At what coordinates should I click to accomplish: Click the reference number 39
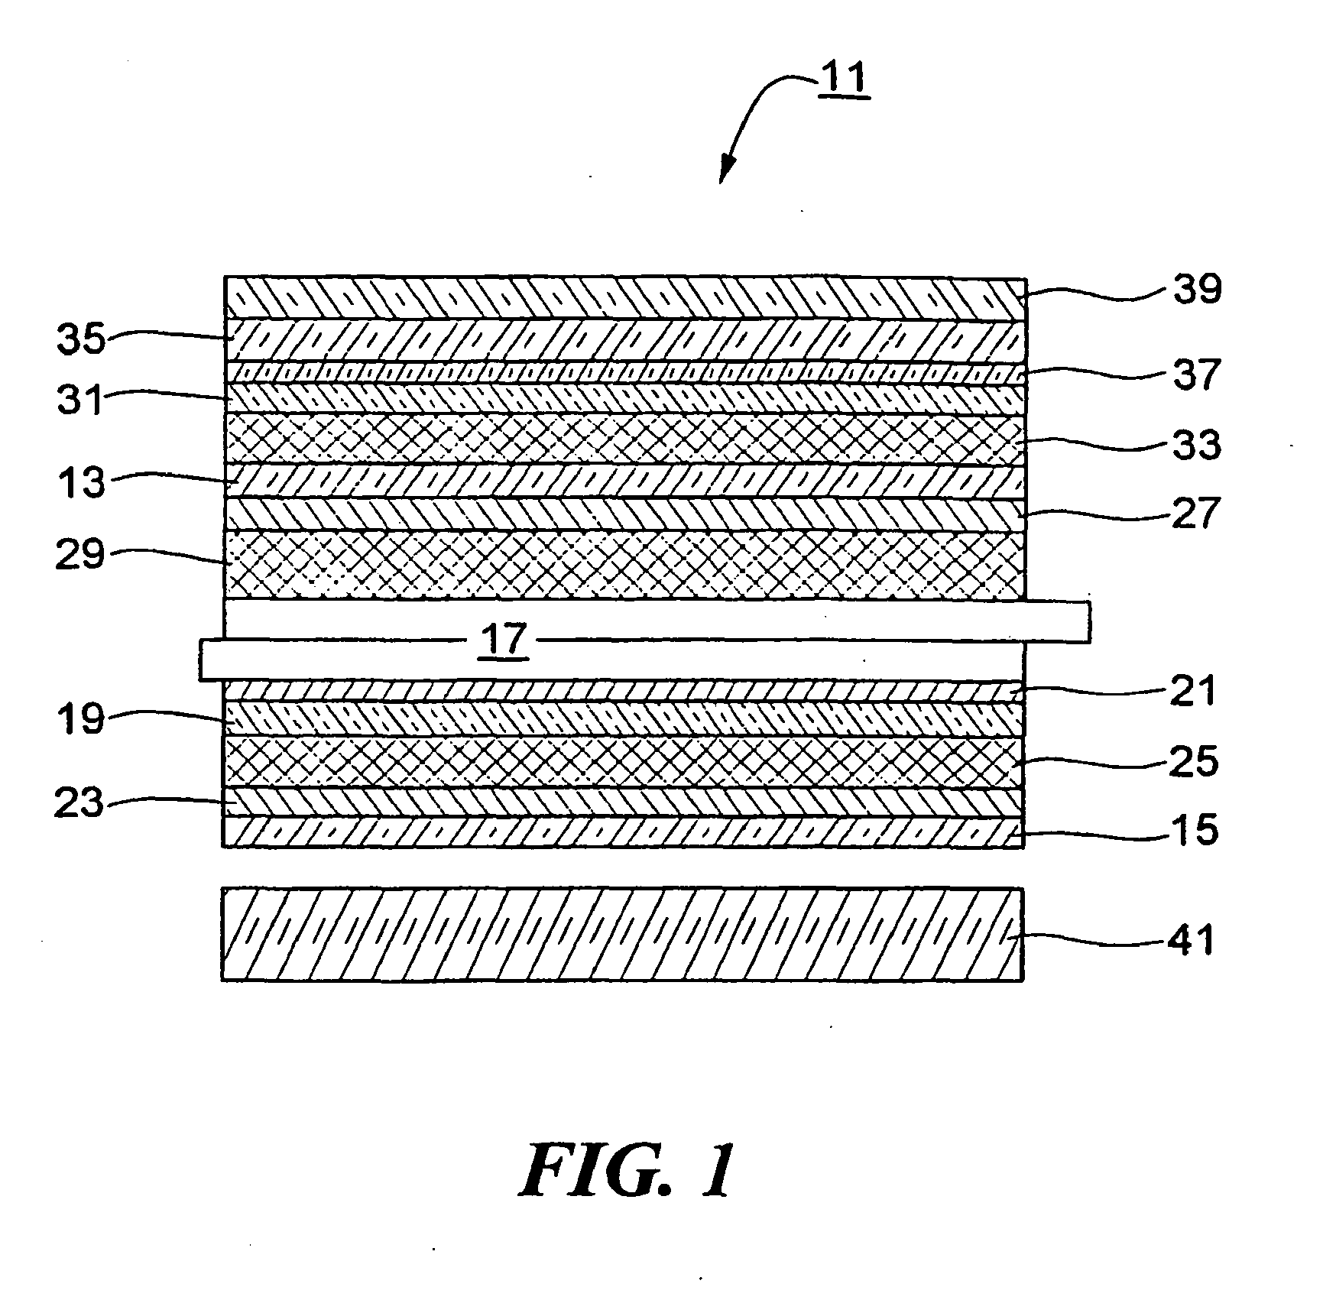pyautogui.click(x=1197, y=290)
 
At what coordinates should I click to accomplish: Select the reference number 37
pyautogui.click(x=1197, y=375)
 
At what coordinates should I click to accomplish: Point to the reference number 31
pyautogui.click(x=81, y=399)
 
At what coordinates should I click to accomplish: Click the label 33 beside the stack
pyautogui.click(x=1197, y=445)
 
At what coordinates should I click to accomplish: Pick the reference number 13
pyautogui.click(x=81, y=483)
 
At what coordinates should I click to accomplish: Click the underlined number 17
pyautogui.click(x=505, y=640)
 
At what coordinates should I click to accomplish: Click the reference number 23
pyautogui.click(x=79, y=803)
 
